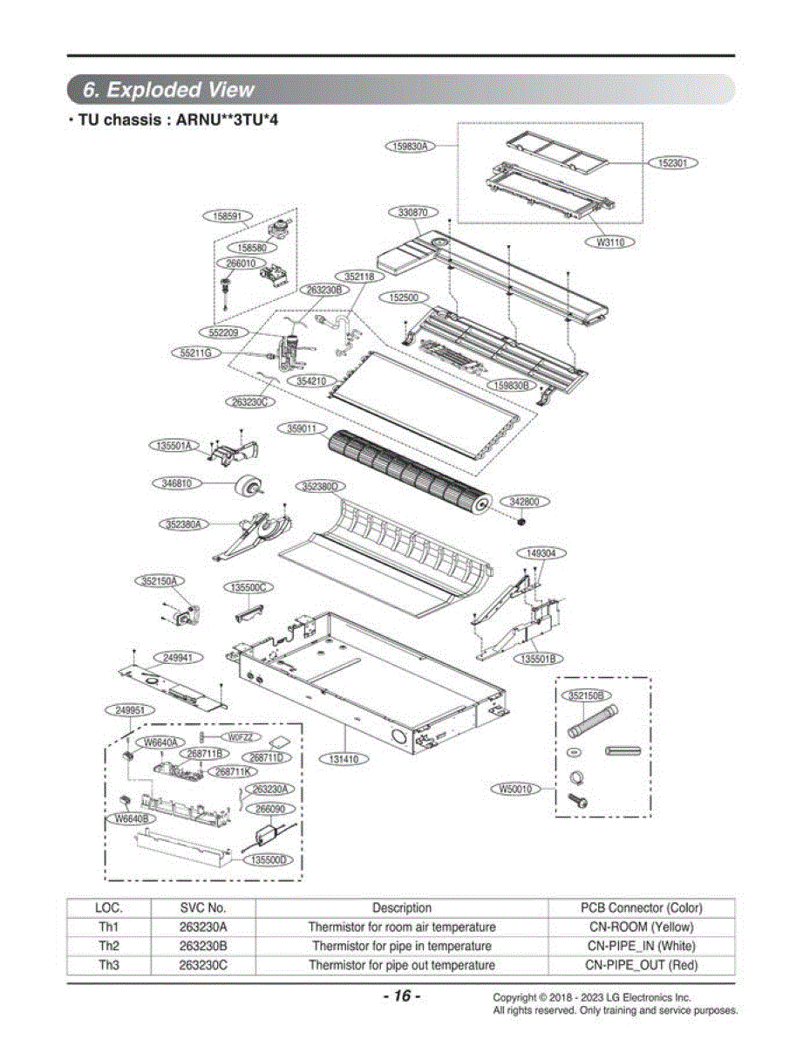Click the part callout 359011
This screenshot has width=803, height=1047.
click(303, 428)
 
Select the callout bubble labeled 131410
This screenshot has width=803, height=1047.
click(344, 759)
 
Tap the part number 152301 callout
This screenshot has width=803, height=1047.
click(672, 163)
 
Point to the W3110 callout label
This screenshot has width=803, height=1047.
click(610, 243)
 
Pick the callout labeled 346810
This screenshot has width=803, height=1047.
click(177, 483)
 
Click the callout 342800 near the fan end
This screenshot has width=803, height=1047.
click(524, 502)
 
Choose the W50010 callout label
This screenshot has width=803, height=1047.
click(515, 790)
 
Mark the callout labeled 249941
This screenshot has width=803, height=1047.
click(178, 658)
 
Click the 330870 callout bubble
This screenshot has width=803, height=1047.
click(413, 213)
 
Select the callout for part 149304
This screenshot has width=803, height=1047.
click(541, 553)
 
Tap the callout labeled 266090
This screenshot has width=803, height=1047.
click(270, 809)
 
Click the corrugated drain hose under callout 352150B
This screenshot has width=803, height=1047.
click(593, 722)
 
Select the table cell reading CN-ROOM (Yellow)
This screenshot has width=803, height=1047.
click(641, 927)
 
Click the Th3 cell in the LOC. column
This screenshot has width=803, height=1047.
click(109, 965)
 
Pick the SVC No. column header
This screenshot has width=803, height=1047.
click(202, 907)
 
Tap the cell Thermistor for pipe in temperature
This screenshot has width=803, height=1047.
click(402, 946)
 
